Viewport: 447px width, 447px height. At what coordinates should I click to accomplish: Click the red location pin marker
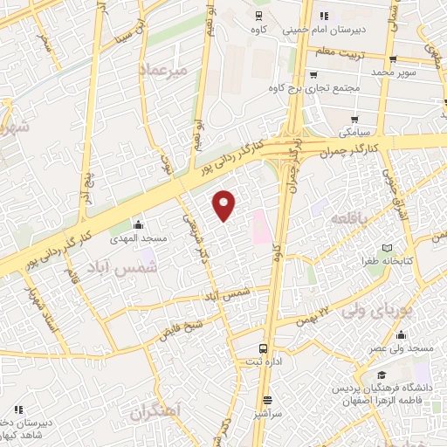225,204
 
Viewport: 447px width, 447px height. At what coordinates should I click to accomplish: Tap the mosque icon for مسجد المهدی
136,225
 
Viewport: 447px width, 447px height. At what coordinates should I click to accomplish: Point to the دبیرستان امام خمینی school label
345,28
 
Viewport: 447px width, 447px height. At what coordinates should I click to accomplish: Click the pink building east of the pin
258,227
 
